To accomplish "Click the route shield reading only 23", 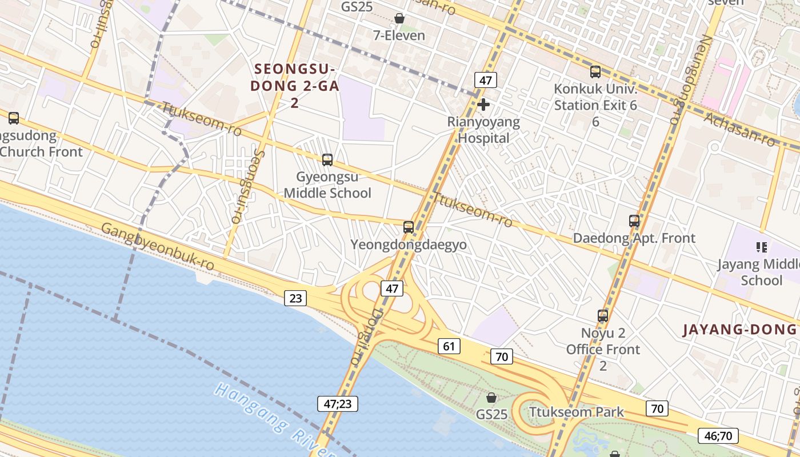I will click(295, 298).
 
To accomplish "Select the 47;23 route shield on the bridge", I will click(338, 404).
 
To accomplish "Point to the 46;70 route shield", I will click(718, 436).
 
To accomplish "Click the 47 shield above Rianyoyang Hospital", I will click(485, 80).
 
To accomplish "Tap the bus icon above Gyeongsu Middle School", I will click(327, 160).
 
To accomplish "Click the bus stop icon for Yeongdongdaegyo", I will click(409, 227).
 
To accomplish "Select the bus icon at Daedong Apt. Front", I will click(634, 221).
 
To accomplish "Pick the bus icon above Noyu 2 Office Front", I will click(603, 315).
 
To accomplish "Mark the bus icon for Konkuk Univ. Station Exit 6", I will click(595, 72).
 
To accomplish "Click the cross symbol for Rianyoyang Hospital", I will click(483, 105).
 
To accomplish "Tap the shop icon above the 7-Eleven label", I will click(399, 19).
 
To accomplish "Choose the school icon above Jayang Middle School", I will click(761, 247).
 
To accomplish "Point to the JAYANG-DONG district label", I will click(740, 330).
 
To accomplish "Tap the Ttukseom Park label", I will click(577, 412).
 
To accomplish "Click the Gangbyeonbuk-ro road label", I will click(158, 246).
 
